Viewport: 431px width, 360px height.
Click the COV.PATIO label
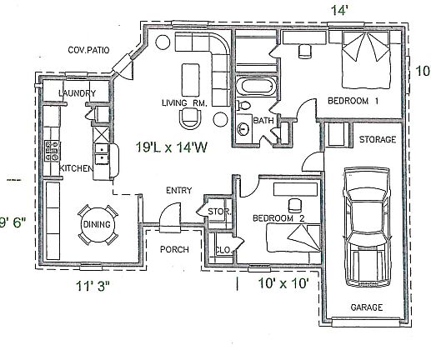click(88, 50)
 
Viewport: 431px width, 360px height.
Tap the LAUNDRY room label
click(77, 93)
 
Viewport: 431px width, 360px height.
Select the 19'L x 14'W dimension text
click(172, 147)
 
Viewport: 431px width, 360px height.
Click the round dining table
click(97, 224)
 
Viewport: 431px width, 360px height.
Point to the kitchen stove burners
click(53, 151)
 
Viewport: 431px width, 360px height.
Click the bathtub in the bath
click(256, 87)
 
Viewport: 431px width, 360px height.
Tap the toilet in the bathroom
click(243, 106)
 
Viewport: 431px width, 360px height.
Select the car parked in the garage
click(366, 227)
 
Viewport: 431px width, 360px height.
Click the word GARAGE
click(367, 307)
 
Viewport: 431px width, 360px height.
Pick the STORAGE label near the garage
click(378, 139)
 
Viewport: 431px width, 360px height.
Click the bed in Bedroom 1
click(365, 60)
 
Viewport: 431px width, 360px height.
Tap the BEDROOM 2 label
click(278, 218)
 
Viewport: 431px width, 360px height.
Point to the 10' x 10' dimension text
click(283, 283)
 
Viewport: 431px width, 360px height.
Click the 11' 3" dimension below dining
click(93, 286)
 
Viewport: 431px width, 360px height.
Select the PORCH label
click(174, 249)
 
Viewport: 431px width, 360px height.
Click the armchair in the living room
click(191, 118)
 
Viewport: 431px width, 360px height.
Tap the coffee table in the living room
click(190, 80)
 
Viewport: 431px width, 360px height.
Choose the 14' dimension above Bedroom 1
click(339, 11)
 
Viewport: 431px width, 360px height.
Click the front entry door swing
click(170, 217)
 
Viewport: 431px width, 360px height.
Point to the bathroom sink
click(243, 129)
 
